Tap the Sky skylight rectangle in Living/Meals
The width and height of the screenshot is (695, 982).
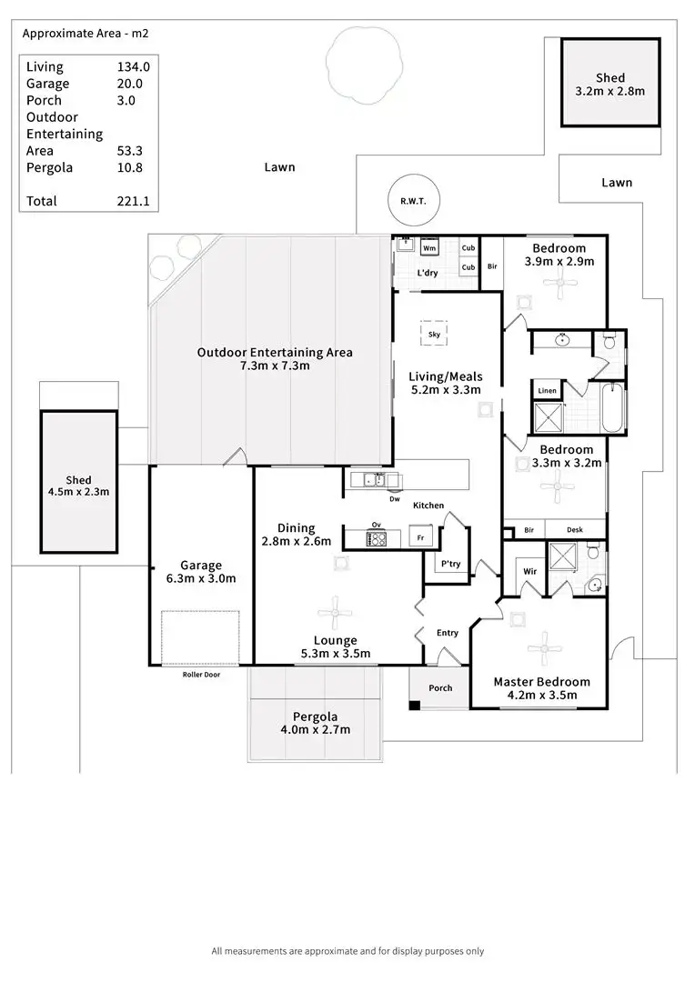coord(434,334)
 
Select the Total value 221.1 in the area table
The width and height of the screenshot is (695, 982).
coord(133,201)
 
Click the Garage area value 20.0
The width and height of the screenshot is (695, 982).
coord(131,83)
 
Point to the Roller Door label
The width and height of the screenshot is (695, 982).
coord(201,675)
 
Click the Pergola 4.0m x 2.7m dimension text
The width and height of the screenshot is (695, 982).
coord(315,729)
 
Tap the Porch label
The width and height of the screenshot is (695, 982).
coord(440,687)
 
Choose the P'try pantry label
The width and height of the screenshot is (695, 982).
coord(451,564)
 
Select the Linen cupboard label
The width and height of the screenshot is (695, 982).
coord(547,391)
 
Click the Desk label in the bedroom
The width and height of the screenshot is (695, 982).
coord(573,529)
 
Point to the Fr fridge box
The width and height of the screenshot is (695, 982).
coord(420,537)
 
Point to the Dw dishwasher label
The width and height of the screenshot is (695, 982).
coord(394,498)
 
